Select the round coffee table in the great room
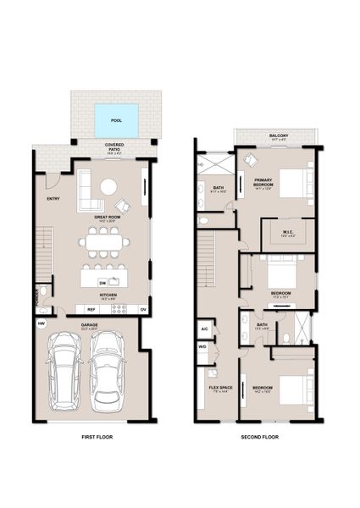(110, 187)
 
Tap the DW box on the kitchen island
(102, 282)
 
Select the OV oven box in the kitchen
(142, 309)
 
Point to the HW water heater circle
(41, 323)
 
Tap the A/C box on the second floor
(205, 329)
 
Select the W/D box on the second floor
(205, 346)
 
